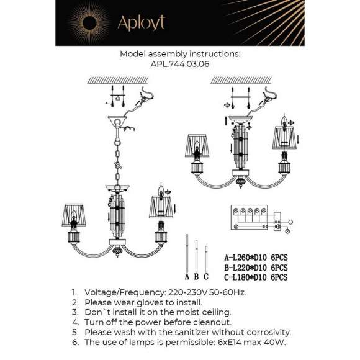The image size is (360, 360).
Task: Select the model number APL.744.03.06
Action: coord(179,63)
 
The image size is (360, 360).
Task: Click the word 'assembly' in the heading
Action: coord(172,54)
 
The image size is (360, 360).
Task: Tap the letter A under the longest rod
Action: coord(187,276)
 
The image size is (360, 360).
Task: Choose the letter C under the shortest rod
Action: coord(205,276)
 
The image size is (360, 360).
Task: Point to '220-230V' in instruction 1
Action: coord(189,291)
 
